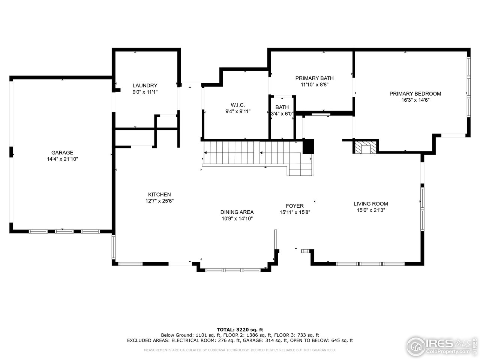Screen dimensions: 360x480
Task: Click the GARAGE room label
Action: click(x=62, y=153)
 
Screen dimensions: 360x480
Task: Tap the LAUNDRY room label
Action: click(x=145, y=85)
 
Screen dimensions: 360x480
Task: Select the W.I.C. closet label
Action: click(x=238, y=105)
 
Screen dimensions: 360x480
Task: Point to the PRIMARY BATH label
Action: click(x=314, y=78)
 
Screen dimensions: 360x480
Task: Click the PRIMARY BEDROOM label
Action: click(x=415, y=94)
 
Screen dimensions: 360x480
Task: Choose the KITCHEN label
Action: click(x=159, y=195)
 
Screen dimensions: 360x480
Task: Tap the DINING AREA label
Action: click(x=237, y=212)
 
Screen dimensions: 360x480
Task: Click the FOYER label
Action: click(x=295, y=206)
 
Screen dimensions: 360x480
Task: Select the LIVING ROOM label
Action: click(x=371, y=204)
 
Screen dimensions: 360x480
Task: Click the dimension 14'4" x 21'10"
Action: click(x=62, y=159)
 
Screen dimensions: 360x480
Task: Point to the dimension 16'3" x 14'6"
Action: click(x=415, y=100)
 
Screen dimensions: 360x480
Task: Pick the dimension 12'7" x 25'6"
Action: click(x=159, y=201)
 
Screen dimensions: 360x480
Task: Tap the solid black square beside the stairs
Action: click(x=308, y=146)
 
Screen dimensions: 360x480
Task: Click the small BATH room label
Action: click(x=282, y=107)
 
